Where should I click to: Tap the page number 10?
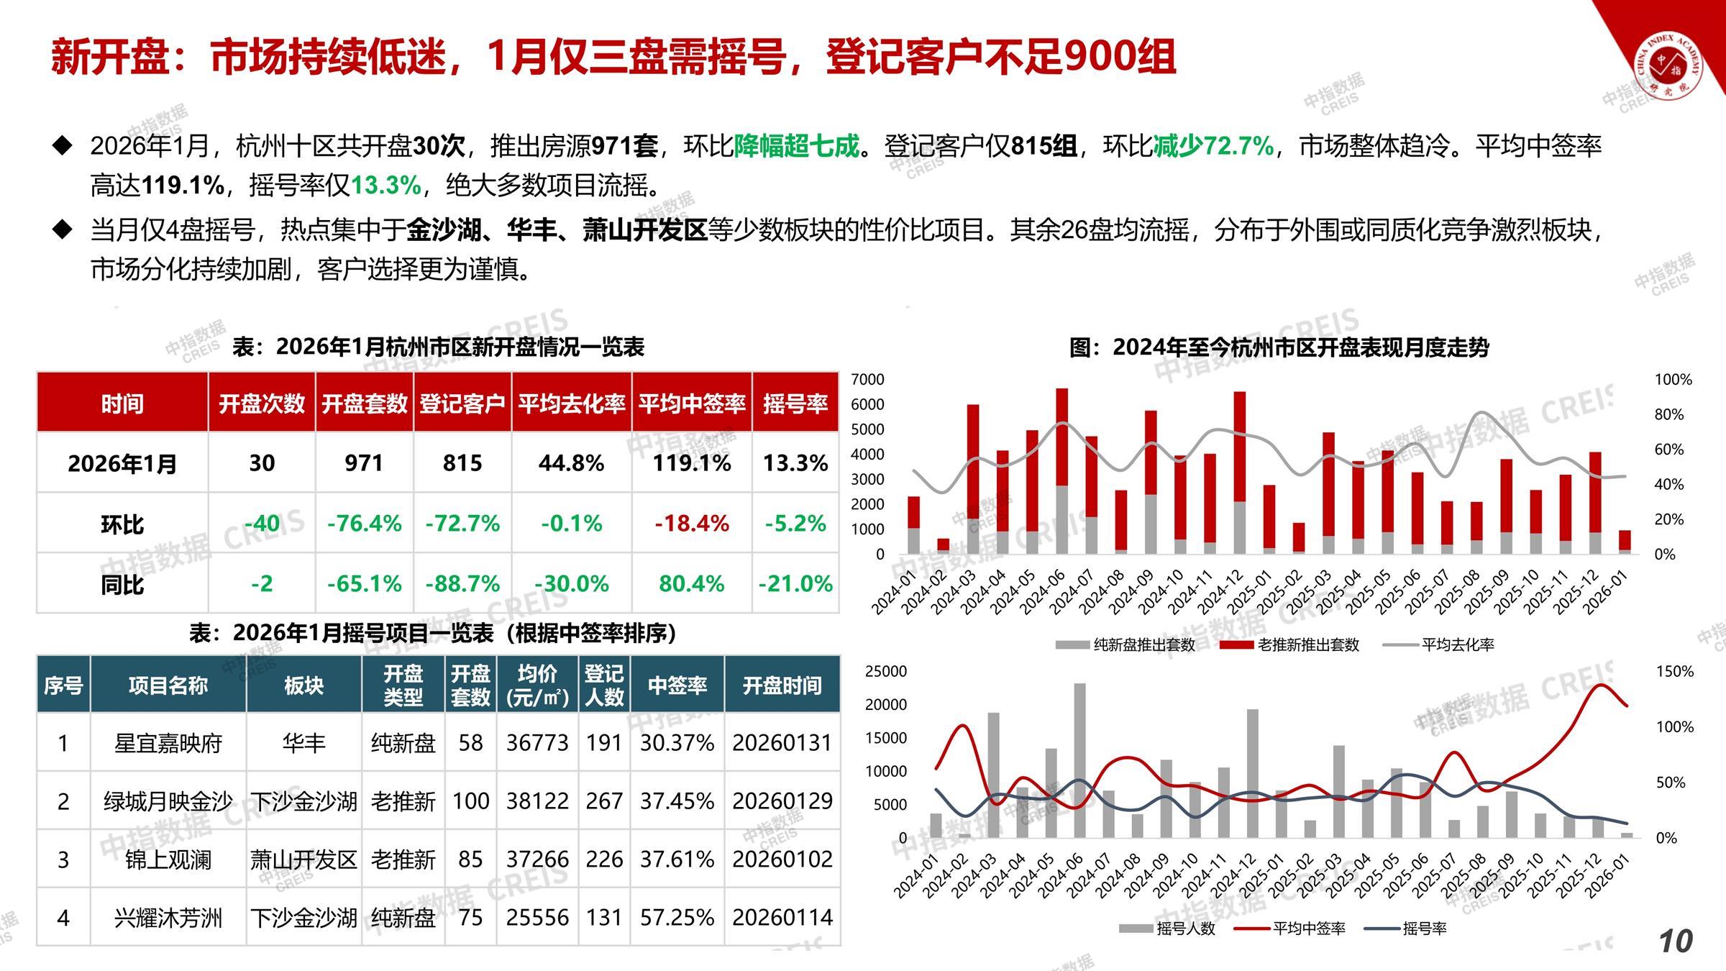1676,942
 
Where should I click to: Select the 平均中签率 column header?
692,404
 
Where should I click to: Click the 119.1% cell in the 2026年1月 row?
692,463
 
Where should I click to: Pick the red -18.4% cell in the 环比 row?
692,524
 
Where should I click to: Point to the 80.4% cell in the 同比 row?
692,583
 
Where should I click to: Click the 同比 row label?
122,584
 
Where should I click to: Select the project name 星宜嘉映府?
168,743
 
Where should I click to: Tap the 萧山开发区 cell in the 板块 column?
303,860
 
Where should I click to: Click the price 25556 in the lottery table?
537,918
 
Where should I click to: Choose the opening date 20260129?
782,801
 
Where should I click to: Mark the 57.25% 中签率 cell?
677,918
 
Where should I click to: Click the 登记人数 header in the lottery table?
604,685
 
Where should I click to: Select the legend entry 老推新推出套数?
1308,645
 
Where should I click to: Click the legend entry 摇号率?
1424,929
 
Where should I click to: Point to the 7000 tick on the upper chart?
867,380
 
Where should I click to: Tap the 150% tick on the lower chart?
1675,672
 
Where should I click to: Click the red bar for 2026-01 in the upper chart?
1625,540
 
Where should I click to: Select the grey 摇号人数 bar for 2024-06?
1079,760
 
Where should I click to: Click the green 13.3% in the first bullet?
385,186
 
